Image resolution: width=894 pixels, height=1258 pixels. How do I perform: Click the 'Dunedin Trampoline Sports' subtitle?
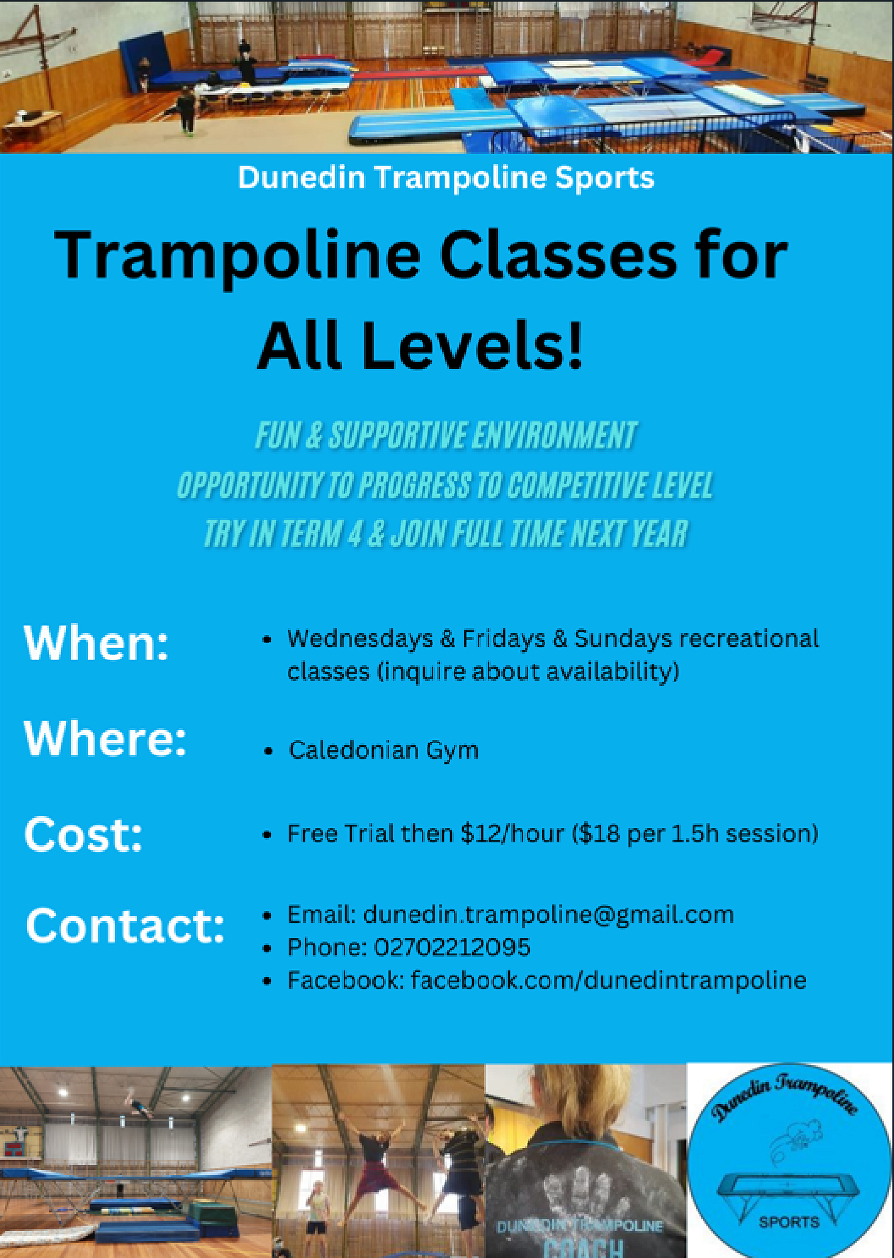point(446,177)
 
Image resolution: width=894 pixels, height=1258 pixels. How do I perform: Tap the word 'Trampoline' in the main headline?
point(237,256)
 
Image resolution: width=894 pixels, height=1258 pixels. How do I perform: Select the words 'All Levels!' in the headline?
point(420,345)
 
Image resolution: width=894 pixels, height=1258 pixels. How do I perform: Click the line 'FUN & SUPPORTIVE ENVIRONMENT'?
point(446,436)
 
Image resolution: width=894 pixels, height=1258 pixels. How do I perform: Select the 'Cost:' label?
point(83,835)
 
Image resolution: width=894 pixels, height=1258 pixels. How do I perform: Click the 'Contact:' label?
point(125,926)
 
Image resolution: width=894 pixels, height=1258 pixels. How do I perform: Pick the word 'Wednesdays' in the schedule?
point(360,639)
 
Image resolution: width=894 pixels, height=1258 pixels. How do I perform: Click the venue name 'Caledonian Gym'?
point(384,750)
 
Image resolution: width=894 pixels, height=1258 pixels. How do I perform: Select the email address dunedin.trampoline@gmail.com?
point(549,915)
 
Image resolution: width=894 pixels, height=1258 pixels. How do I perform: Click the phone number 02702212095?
point(452,947)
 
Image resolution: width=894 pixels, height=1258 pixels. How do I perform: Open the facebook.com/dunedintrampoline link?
point(608,980)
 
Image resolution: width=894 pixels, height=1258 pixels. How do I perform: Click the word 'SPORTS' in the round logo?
point(789,1222)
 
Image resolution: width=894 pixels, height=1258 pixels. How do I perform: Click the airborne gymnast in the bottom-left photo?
point(138,1101)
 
